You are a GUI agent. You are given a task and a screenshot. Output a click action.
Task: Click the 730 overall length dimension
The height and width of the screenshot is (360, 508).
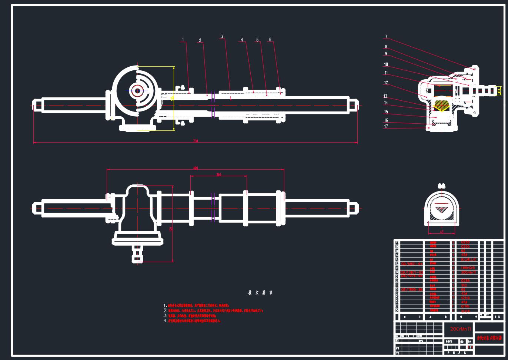(x=196, y=141)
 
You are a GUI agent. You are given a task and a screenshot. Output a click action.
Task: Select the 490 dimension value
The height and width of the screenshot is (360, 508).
(x=195, y=168)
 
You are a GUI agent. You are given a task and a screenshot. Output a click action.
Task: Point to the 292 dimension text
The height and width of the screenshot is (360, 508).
(x=218, y=175)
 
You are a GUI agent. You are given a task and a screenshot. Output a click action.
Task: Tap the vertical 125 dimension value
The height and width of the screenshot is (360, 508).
(x=171, y=229)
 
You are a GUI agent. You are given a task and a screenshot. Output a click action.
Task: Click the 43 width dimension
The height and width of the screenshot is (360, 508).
(x=442, y=232)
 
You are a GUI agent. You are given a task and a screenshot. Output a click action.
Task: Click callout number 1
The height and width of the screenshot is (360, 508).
(x=183, y=40)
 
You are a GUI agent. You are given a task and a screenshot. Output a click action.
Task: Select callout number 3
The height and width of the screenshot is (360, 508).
(x=222, y=37)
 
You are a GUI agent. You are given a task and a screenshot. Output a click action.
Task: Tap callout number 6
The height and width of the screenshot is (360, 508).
(x=270, y=40)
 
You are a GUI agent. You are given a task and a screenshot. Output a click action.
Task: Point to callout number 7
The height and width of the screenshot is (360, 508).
(x=386, y=37)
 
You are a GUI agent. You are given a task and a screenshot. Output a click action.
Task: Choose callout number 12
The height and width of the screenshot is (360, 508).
(x=386, y=83)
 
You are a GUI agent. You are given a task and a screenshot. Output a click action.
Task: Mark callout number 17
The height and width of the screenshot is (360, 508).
(x=386, y=127)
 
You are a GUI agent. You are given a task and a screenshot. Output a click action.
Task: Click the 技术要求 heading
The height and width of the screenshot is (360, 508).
(x=261, y=293)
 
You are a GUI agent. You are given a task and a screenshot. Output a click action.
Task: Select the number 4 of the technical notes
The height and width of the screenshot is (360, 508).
(x=166, y=321)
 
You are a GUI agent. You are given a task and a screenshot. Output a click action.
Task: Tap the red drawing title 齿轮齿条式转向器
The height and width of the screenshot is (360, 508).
(x=489, y=338)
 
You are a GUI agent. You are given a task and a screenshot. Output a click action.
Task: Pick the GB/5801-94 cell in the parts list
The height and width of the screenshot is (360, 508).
(x=411, y=264)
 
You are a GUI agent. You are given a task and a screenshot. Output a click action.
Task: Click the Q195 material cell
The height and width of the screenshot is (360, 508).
(x=465, y=307)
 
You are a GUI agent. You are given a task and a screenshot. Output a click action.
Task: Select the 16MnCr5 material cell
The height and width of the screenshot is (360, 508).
(x=468, y=268)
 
